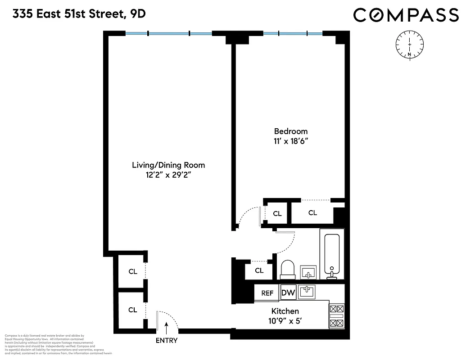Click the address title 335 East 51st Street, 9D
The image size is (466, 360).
(x=79, y=14)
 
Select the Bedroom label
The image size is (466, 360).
(x=291, y=131)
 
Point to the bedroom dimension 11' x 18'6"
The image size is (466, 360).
(x=291, y=141)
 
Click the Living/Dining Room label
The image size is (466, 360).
(x=168, y=165)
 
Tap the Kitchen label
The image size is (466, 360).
(x=285, y=311)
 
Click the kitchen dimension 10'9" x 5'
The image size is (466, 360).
(x=285, y=320)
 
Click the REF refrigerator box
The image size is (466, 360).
(x=267, y=293)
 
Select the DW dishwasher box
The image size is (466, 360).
(x=288, y=293)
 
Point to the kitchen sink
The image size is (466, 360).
(x=307, y=291)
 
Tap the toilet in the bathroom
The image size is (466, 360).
(x=287, y=269)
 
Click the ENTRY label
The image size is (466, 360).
(x=167, y=341)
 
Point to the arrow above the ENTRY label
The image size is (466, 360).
(x=167, y=327)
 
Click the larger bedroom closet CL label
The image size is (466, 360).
(x=312, y=213)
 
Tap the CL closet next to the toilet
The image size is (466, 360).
(x=259, y=270)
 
